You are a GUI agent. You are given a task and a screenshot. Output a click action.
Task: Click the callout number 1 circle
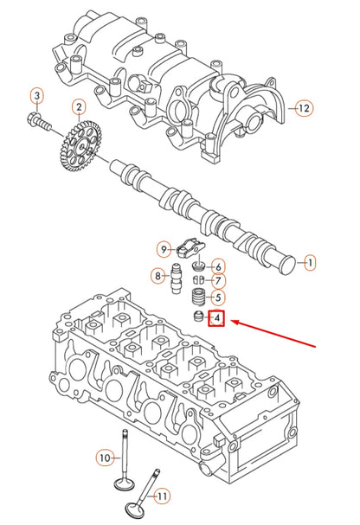(310, 261)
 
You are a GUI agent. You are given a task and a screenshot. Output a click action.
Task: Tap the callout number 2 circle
(79, 108)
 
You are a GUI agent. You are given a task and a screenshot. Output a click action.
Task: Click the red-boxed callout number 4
(217, 320)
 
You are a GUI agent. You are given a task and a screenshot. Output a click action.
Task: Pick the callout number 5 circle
(218, 298)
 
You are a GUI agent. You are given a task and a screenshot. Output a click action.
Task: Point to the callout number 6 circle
(218, 266)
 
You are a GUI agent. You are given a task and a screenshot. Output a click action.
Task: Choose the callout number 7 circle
(218, 281)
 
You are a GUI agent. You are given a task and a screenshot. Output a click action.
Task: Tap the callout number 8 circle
(157, 277)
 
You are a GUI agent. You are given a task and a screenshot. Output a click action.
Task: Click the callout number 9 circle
(164, 250)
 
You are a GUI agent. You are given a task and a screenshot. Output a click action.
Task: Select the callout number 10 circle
(104, 457)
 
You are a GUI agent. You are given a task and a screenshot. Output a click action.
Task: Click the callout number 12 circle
(302, 108)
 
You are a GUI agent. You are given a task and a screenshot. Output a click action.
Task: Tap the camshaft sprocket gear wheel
(81, 149)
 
